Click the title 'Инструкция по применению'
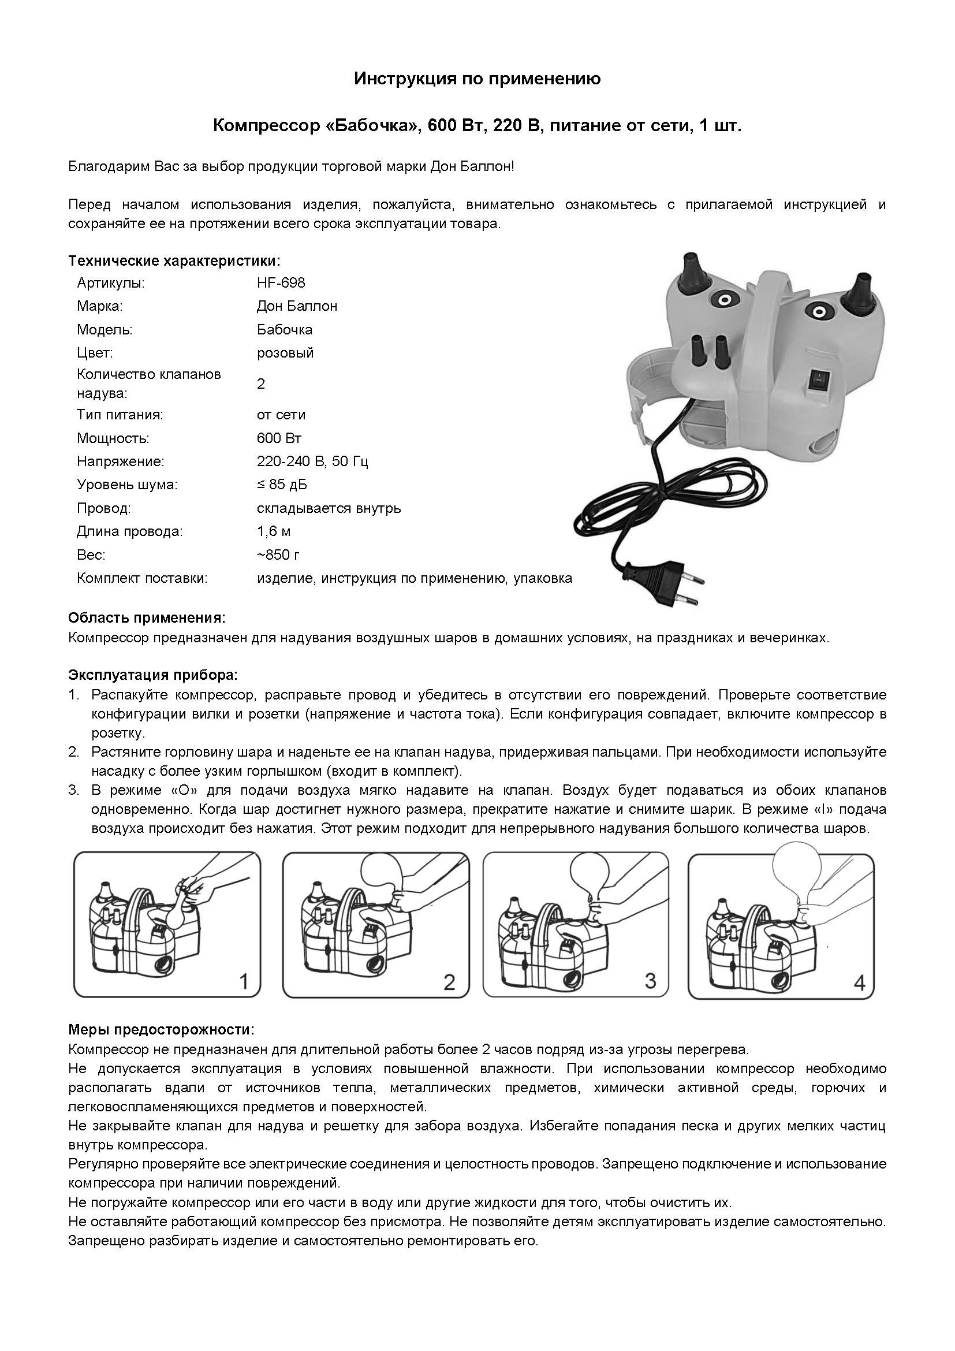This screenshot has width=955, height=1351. click(x=477, y=79)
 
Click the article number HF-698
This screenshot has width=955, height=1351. click(x=281, y=283)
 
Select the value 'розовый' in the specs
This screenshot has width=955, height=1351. click(x=285, y=353)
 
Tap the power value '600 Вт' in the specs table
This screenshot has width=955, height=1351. click(x=279, y=438)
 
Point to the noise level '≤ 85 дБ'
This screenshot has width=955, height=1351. click(x=282, y=485)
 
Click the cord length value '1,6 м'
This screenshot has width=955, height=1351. click(x=274, y=532)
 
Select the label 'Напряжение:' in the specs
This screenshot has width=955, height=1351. click(x=121, y=462)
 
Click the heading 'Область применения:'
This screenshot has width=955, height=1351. click(x=147, y=619)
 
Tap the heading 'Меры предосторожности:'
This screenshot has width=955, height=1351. click(x=162, y=1030)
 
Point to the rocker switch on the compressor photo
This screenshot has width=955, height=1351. click(x=819, y=379)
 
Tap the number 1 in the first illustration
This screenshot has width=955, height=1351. click(x=244, y=981)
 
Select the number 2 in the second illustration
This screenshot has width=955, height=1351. click(x=449, y=982)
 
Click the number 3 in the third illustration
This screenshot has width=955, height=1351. click(x=650, y=980)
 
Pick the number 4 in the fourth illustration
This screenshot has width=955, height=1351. click(x=859, y=982)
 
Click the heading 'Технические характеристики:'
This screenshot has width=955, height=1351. click(x=174, y=260)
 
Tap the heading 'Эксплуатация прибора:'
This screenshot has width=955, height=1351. click(x=154, y=675)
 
